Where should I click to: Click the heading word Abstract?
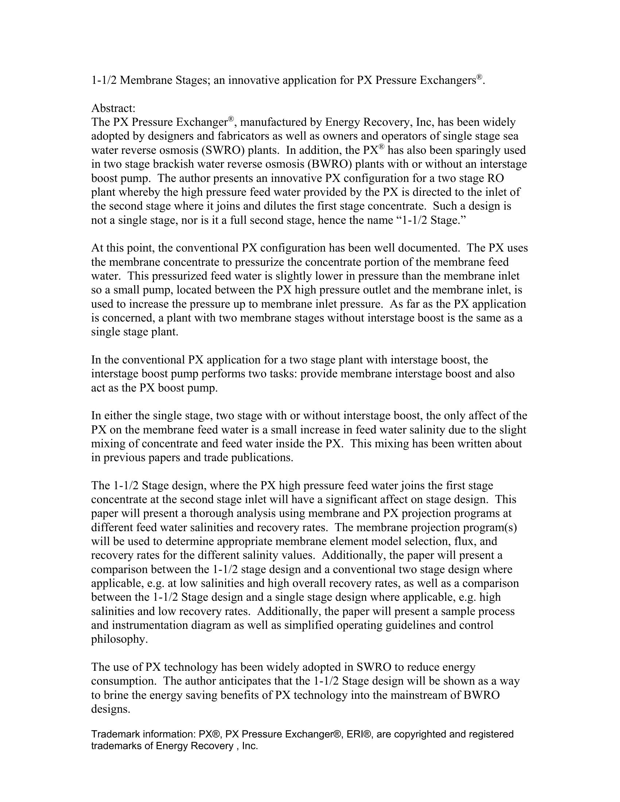pyautogui.click(x=113, y=108)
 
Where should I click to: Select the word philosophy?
pyautogui.click(x=119, y=639)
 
